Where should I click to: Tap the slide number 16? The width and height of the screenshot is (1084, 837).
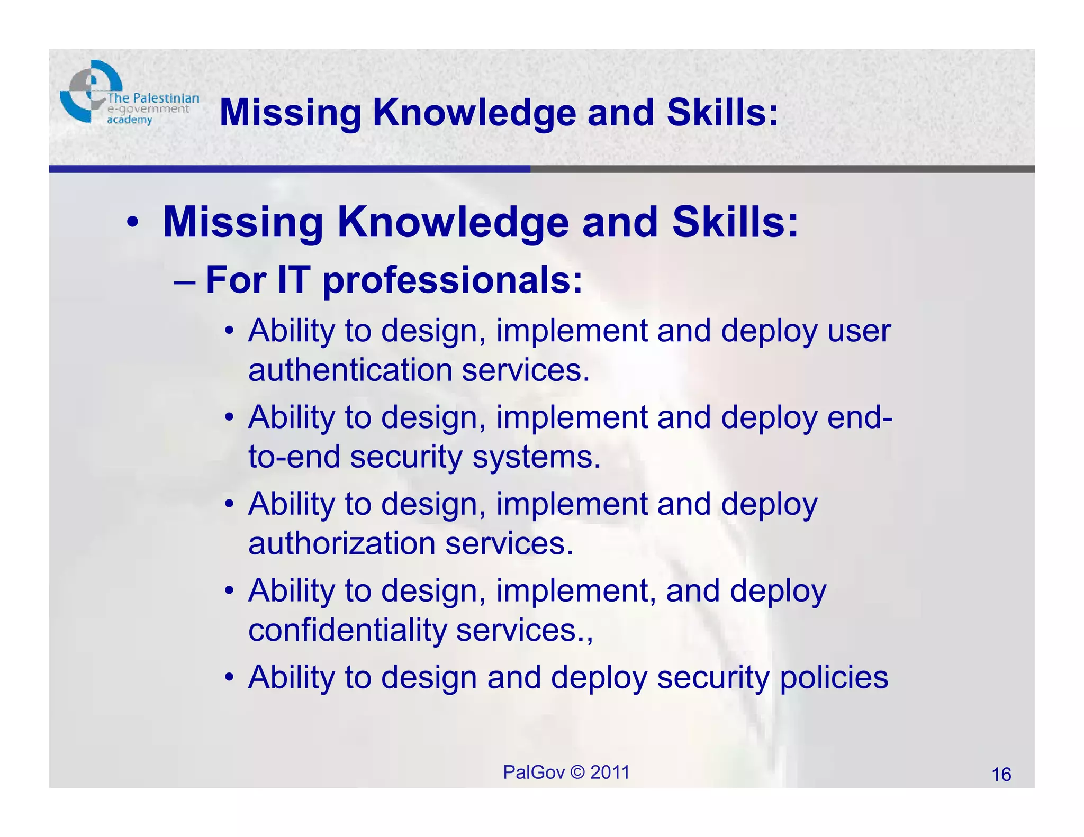[x=1001, y=775]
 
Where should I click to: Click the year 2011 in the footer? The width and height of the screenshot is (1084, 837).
[x=610, y=772]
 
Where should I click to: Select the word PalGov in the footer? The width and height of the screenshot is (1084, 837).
[x=534, y=772]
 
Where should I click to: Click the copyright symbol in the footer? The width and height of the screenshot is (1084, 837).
[x=577, y=772]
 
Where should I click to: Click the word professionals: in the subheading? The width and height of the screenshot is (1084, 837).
[x=453, y=280]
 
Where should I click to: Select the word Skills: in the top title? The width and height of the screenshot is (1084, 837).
[x=722, y=113]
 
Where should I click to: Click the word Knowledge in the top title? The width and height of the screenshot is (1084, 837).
[x=474, y=113]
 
